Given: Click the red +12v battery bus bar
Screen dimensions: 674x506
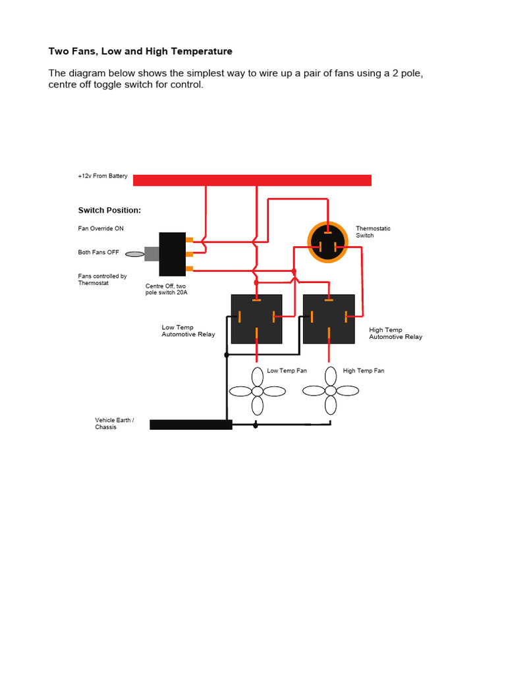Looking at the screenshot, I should [x=252, y=180].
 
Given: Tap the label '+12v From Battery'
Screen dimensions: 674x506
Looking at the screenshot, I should [x=103, y=176].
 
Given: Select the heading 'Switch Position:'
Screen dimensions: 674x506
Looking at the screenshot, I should [x=109, y=211].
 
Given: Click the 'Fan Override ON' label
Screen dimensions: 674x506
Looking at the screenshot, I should [x=101, y=228].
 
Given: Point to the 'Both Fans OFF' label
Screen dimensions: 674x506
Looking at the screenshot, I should [x=99, y=253].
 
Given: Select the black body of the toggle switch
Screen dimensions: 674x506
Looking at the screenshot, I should [x=172, y=254].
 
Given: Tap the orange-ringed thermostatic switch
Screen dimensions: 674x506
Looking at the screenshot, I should [x=327, y=242].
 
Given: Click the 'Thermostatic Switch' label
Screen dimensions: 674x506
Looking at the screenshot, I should [x=373, y=232].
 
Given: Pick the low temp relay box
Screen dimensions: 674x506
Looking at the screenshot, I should [x=256, y=319].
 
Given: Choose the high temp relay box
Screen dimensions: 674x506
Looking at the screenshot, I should [x=329, y=319].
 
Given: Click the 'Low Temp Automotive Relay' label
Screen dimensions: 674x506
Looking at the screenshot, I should [x=188, y=330].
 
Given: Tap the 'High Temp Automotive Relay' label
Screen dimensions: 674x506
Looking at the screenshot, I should [x=395, y=333].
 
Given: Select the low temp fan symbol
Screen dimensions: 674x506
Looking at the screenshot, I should [x=257, y=391].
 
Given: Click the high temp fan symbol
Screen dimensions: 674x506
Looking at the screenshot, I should [x=330, y=391].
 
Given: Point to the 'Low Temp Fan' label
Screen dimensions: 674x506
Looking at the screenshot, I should [x=287, y=371].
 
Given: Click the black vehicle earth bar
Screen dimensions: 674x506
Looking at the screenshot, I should [x=191, y=425].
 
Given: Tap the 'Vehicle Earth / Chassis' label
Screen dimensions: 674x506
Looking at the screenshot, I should [x=115, y=423].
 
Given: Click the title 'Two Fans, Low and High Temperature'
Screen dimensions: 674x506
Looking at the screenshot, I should [x=140, y=51].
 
